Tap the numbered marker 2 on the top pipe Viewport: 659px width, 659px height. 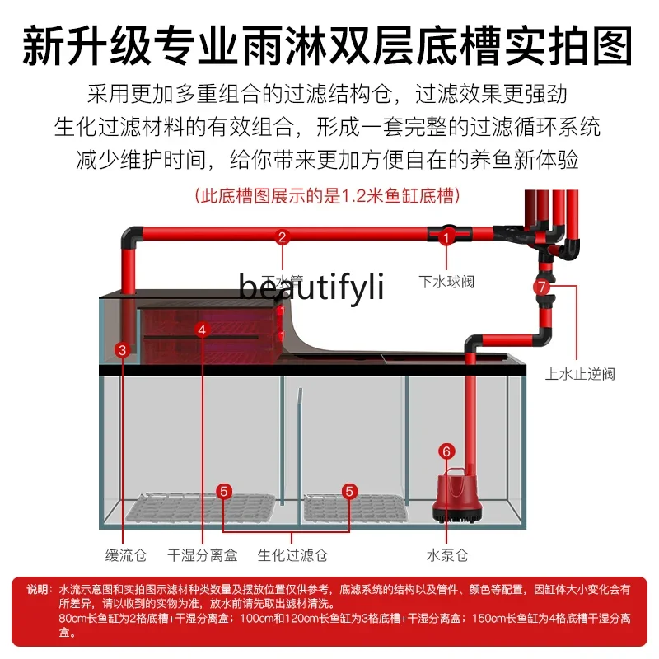point(283,238)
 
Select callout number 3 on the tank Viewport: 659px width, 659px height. point(122,350)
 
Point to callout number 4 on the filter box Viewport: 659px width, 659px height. point(203,329)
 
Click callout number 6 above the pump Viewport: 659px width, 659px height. point(446,451)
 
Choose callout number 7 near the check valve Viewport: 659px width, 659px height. point(540,287)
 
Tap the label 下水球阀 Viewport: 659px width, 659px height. point(446,282)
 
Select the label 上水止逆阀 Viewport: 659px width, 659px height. point(580,374)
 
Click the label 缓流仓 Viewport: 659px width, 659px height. point(125,555)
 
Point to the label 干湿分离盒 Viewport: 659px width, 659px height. point(202,555)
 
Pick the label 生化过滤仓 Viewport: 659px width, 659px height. point(292,555)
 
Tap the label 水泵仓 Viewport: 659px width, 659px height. point(447,555)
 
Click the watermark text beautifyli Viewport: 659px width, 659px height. point(311,287)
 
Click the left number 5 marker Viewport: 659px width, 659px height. point(224,492)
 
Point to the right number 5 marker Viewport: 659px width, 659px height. point(350,492)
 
